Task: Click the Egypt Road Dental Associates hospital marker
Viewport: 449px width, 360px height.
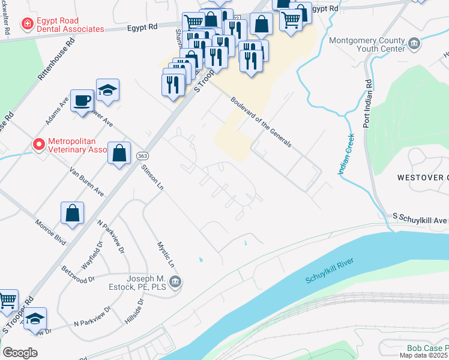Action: pyautogui.click(x=26, y=24)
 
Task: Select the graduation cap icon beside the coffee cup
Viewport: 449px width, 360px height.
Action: pyautogui.click(x=107, y=89)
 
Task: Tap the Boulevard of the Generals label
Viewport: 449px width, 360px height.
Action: pyautogui.click(x=261, y=122)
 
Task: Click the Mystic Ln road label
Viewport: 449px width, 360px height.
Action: pyautogui.click(x=166, y=255)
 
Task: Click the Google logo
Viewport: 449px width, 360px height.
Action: pyautogui.click(x=20, y=352)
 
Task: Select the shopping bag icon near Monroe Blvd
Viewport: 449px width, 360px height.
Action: pyautogui.click(x=72, y=213)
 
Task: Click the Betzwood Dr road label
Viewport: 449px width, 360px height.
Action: pyautogui.click(x=78, y=274)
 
